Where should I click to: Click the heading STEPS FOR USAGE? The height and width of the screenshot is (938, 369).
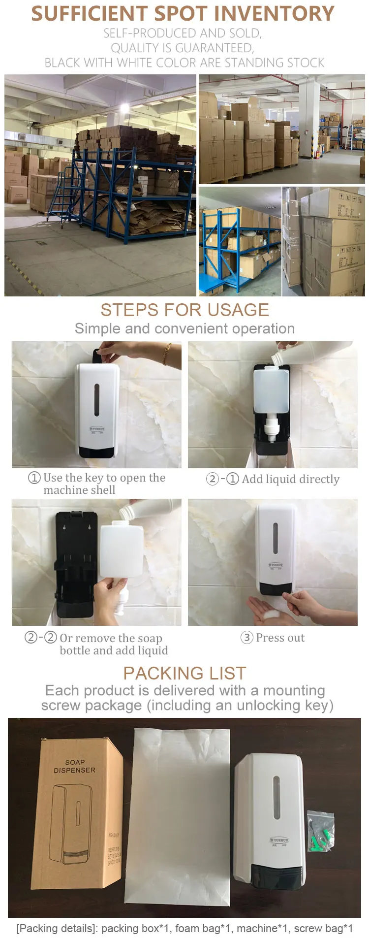pyautogui.click(x=184, y=310)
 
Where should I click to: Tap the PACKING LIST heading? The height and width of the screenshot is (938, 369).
pyautogui.click(x=184, y=673)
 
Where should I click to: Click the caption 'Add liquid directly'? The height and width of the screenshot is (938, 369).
pyautogui.click(x=290, y=479)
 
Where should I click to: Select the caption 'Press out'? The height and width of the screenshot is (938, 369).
pyautogui.click(x=280, y=638)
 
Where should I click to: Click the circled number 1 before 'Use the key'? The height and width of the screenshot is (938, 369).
pyautogui.click(x=34, y=478)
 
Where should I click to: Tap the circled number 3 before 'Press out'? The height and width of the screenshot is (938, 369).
pyautogui.click(x=246, y=638)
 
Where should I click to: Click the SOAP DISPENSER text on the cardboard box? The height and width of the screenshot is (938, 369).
pyautogui.click(x=74, y=766)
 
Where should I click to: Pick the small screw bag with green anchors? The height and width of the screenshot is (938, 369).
pyautogui.click(x=321, y=831)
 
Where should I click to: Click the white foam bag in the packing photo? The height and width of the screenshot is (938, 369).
pyautogui.click(x=178, y=817)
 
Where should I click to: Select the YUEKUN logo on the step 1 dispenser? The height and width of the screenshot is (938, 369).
pyautogui.click(x=97, y=429)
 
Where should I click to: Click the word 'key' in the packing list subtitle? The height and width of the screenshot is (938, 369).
pyautogui.click(x=316, y=706)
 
